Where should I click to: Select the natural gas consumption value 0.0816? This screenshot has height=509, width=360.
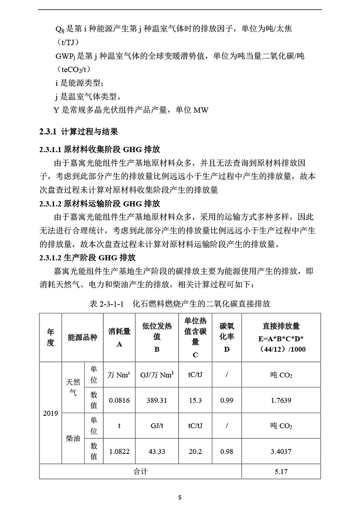(119, 400)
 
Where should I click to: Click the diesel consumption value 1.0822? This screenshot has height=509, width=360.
(119, 452)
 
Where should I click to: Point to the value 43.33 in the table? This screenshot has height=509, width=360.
(157, 452)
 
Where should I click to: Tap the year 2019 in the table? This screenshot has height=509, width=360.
(51, 413)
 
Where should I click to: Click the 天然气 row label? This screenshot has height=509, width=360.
(73, 387)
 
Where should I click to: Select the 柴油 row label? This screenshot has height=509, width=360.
(73, 438)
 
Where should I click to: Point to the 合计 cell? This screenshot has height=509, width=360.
(140, 472)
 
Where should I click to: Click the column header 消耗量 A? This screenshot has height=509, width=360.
(119, 337)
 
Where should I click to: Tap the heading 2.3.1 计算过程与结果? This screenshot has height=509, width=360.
(78, 131)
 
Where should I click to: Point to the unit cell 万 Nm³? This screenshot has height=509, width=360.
(119, 374)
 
